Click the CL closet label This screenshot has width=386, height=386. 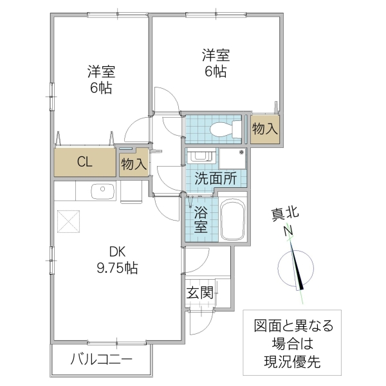pyautogui.click(x=84, y=162)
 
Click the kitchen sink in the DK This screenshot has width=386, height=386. pyautogui.click(x=102, y=191)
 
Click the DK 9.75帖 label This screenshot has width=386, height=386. pyautogui.click(x=116, y=259)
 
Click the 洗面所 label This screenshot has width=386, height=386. pyautogui.click(x=216, y=179)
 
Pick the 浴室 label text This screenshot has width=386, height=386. pyautogui.click(x=200, y=219)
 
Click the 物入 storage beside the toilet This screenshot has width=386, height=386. pyautogui.click(x=264, y=129)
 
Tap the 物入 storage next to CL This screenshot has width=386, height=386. pyautogui.click(x=134, y=163)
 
